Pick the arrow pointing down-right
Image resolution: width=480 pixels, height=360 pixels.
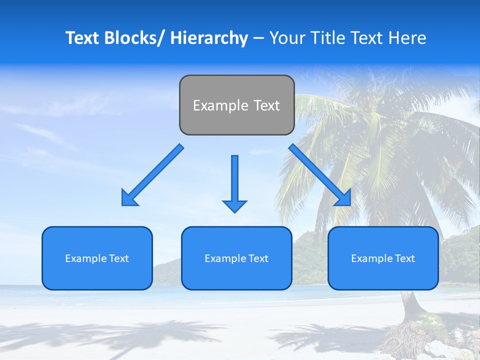320,175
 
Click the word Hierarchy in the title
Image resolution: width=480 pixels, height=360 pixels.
209,38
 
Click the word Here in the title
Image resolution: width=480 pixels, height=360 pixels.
408,38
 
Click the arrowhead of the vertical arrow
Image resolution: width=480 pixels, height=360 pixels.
234,206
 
